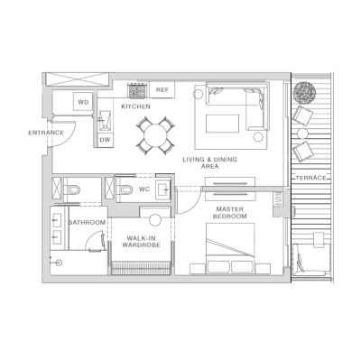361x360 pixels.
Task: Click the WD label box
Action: pos(83,103)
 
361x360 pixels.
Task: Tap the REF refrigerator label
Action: pos(162,90)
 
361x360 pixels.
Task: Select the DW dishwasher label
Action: pos(105,139)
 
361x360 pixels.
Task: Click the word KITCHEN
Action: pos(136,107)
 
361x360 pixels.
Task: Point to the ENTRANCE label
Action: pos(46,134)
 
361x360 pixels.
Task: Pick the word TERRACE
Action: pos(310,179)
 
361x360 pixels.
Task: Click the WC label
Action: pos(143,189)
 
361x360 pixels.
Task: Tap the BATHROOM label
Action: pos(88,222)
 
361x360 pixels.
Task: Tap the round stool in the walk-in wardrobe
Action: pos(154,219)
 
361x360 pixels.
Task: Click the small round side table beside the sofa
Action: pos(260,137)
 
